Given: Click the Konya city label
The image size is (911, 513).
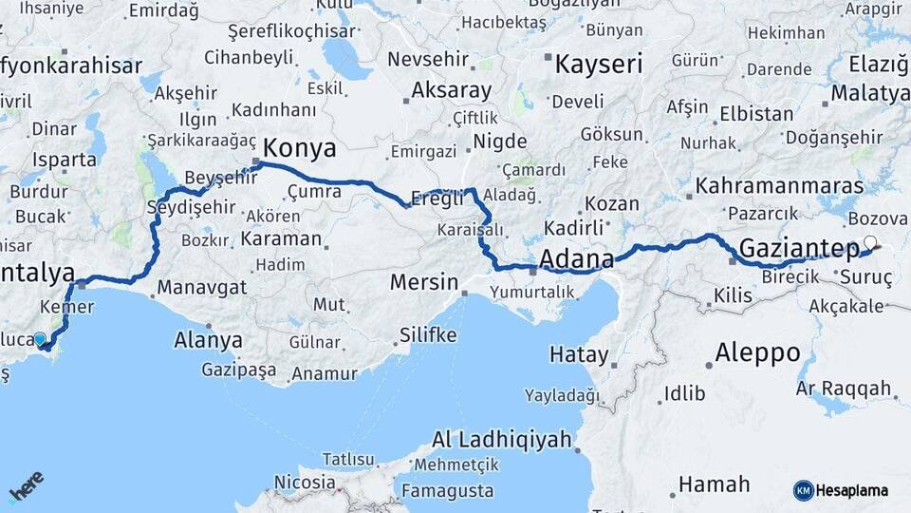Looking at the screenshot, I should (x=299, y=148).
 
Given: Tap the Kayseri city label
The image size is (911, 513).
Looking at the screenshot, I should (x=598, y=65).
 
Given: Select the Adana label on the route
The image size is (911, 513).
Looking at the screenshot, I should (x=576, y=257).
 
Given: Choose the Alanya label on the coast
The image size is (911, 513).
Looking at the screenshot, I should (x=208, y=339).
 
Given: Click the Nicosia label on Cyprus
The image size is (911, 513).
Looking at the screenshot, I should (x=305, y=481).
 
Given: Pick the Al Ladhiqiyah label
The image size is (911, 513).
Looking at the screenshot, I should (x=502, y=440).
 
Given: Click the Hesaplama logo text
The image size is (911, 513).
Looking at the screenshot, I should (x=851, y=490).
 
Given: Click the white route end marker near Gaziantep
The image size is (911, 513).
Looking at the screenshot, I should (x=869, y=242).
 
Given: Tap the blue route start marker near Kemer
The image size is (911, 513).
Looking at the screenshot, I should (x=40, y=339).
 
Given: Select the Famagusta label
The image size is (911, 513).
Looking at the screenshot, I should (x=448, y=491).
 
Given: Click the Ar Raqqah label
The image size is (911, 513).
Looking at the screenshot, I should (x=844, y=389).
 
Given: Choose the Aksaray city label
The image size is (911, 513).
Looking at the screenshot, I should (x=451, y=91).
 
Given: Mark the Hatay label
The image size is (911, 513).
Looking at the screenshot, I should (x=579, y=354).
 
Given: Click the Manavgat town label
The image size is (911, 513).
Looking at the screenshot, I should (x=202, y=286).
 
